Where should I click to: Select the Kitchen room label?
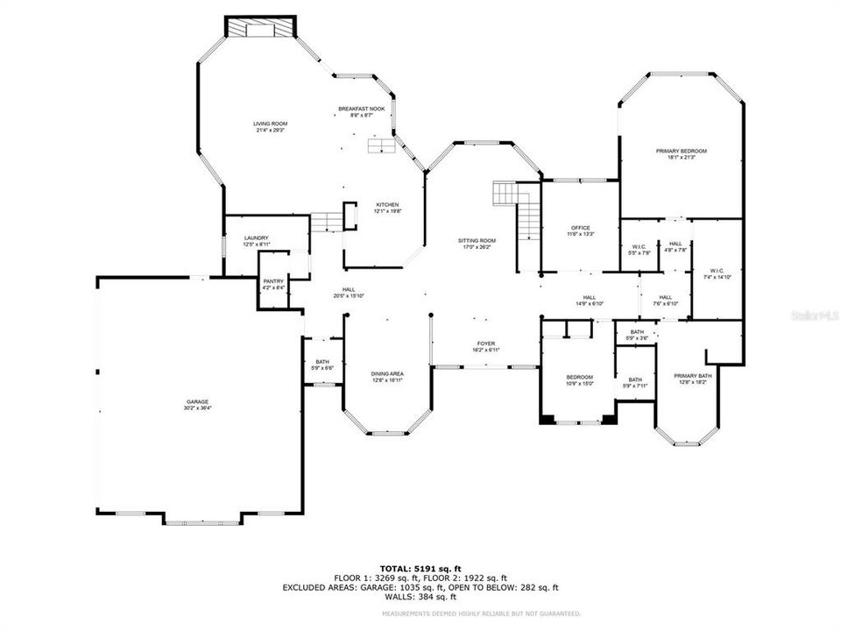[x=387, y=207]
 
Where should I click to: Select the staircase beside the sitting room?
[x=519, y=210]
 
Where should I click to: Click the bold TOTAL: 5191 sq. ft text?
[x=420, y=569]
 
